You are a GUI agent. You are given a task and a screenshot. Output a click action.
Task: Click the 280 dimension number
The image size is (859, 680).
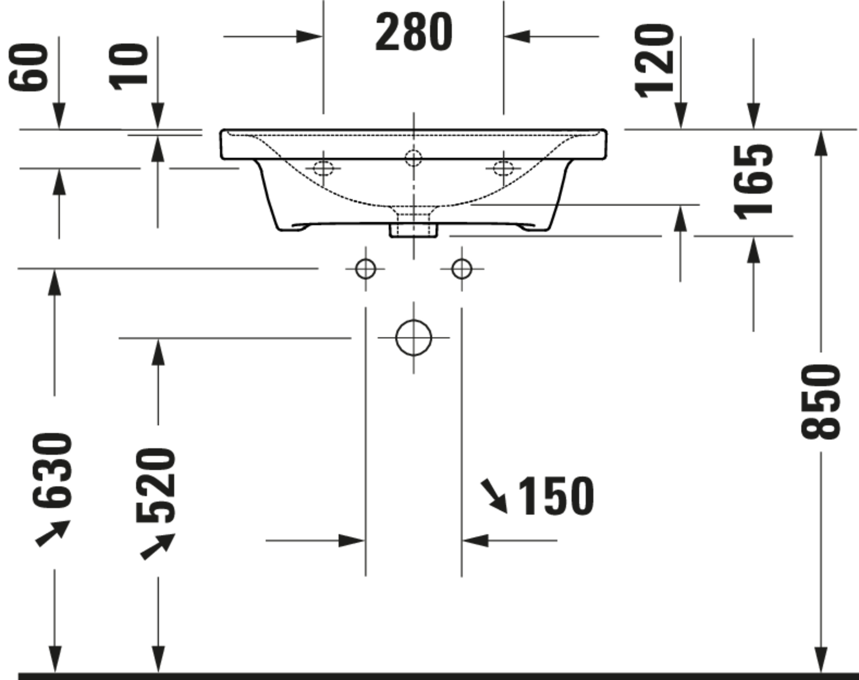pyautogui.click(x=414, y=32)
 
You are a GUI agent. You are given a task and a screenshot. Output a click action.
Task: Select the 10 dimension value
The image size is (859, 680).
pyautogui.click(x=128, y=67)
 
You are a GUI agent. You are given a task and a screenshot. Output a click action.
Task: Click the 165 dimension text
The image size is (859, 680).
pyautogui.click(x=753, y=182)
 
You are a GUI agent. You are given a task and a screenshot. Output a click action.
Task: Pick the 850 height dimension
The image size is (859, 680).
pyautogui.click(x=820, y=402)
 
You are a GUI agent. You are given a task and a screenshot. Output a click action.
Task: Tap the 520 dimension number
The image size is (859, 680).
pyautogui.click(x=155, y=485)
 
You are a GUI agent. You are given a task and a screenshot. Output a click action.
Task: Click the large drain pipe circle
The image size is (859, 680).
pyautogui.click(x=413, y=321)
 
